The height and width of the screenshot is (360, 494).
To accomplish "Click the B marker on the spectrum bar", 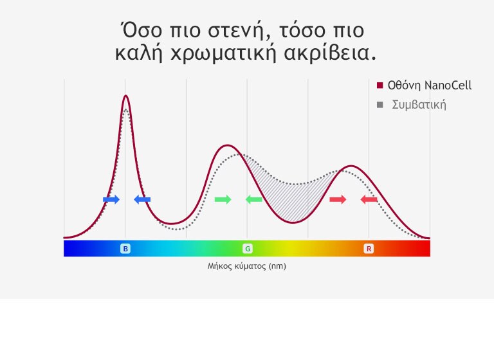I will pyautogui.click(x=125, y=248).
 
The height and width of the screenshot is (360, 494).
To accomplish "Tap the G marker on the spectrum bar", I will pyautogui.click(x=247, y=248).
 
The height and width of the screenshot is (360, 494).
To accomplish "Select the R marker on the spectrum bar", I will pyautogui.click(x=369, y=248).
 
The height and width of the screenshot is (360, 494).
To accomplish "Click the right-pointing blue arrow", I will pyautogui.click(x=111, y=200).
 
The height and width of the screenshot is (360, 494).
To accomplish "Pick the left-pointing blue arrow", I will pyautogui.click(x=142, y=200).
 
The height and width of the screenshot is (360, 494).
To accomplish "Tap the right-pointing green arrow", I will pyautogui.click(x=223, y=200).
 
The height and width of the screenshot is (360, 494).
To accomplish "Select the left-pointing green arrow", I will pyautogui.click(x=254, y=200).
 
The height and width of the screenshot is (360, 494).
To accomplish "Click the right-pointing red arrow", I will pyautogui.click(x=338, y=200).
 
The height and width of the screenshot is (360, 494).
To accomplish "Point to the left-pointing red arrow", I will pyautogui.click(x=369, y=200).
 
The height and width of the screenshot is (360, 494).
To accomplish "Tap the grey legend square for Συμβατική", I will pyautogui.click(x=380, y=105).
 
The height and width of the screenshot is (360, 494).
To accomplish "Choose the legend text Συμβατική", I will pyautogui.click(x=419, y=105).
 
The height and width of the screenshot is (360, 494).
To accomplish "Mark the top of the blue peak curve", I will pyautogui.click(x=125, y=96).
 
